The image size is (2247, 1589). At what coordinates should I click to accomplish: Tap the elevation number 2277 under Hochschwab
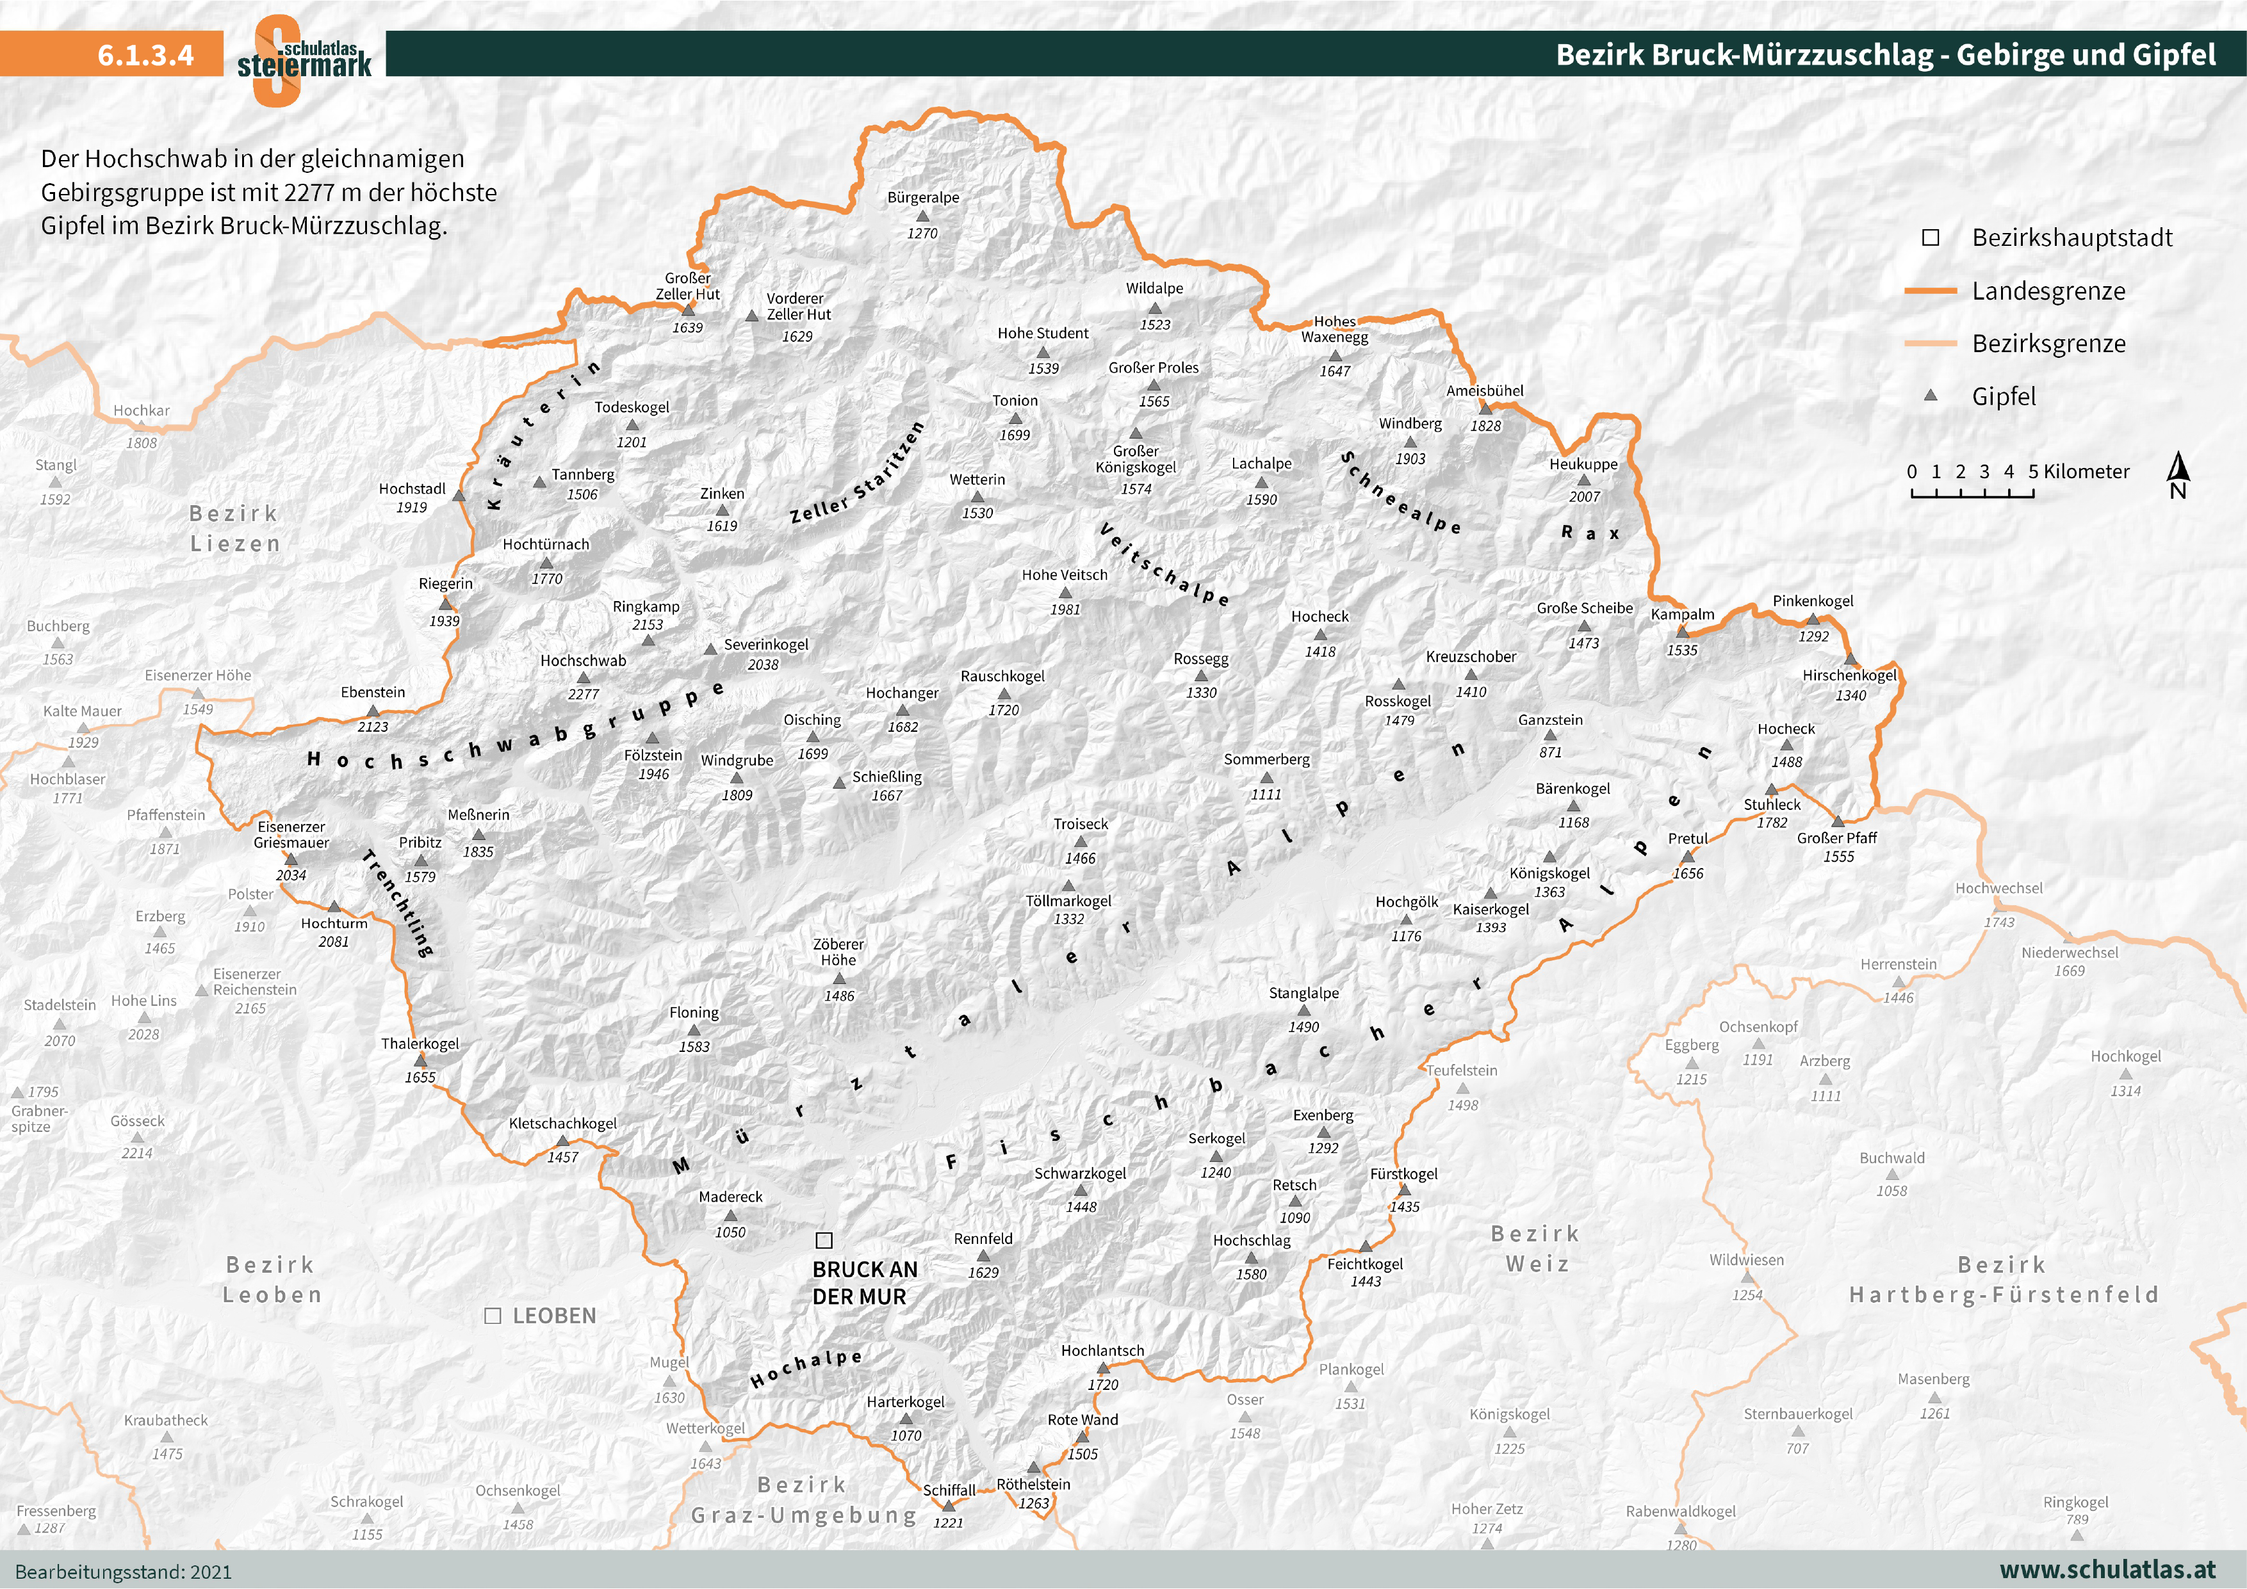[x=584, y=694]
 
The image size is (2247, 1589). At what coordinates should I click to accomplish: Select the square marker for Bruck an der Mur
[x=824, y=1241]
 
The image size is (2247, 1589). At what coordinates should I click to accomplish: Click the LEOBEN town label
[x=554, y=1316]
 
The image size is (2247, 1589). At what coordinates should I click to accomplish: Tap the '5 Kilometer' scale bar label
[x=2079, y=472]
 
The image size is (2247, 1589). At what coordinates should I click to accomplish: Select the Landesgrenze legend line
[x=1930, y=291]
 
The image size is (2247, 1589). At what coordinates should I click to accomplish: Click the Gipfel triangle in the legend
[x=1931, y=395]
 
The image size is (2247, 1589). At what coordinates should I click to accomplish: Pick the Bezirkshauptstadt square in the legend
[x=1931, y=238]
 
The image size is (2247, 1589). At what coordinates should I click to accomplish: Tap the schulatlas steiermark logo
[x=304, y=59]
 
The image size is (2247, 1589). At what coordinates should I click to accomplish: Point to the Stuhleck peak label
[x=1771, y=804]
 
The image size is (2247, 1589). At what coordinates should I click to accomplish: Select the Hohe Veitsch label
[x=1065, y=576]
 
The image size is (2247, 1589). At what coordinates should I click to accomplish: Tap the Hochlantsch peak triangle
[x=1103, y=1368]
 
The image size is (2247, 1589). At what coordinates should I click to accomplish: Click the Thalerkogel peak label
[x=420, y=1044]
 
